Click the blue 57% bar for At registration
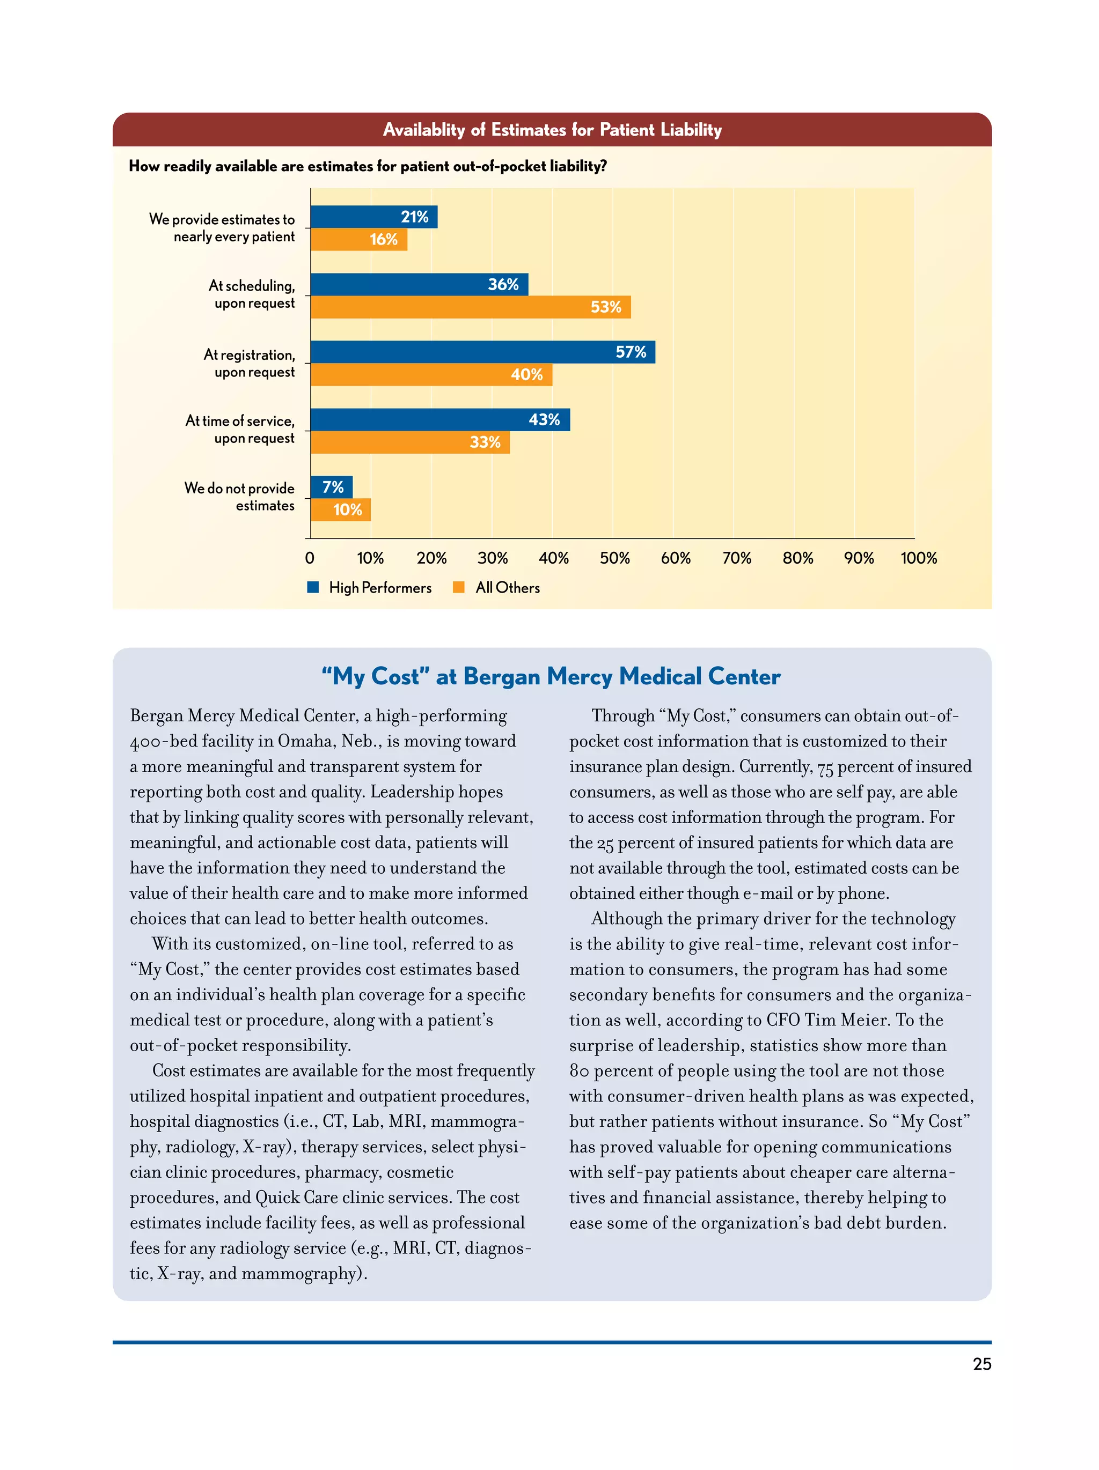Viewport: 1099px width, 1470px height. tap(482, 352)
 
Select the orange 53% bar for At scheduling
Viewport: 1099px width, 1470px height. tap(470, 307)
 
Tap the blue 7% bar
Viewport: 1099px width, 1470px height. tap(331, 487)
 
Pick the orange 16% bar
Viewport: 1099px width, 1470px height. tap(358, 239)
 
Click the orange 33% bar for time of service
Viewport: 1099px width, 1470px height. tap(409, 442)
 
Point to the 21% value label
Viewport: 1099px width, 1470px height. tap(414, 217)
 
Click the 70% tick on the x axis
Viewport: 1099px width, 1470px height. tap(737, 558)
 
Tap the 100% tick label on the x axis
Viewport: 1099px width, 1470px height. tap(918, 558)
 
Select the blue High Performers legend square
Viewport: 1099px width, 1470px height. tap(313, 587)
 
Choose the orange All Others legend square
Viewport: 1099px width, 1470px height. tap(458, 587)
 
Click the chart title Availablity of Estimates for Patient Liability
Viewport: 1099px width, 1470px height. tap(552, 130)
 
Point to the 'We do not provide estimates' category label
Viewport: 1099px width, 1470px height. tap(239, 497)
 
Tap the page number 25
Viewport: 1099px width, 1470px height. tap(981, 1364)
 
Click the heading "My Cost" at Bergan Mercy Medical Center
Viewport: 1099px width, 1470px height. tap(551, 676)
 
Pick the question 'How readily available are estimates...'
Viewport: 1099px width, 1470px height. tap(368, 166)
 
